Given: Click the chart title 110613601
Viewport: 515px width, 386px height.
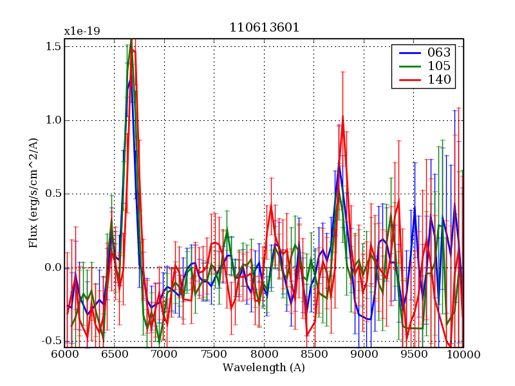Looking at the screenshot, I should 264,28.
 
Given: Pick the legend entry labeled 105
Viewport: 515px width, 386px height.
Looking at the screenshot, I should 438,66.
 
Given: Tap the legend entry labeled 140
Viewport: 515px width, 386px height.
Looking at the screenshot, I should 438,80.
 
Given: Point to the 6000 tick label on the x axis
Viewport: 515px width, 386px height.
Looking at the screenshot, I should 64,354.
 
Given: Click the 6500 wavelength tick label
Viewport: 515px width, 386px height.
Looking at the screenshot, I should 115,354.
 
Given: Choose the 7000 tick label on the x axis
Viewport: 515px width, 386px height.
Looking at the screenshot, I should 164,354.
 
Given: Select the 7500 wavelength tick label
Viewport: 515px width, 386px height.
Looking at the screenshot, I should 214,354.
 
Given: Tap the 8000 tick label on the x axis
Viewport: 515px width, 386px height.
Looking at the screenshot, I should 264,354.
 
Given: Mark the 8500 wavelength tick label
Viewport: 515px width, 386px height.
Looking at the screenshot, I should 314,354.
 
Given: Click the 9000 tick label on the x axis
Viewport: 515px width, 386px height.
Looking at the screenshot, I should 364,354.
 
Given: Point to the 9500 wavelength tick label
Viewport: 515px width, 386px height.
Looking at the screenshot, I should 414,354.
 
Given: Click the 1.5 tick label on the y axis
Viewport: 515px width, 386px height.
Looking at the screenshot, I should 53,46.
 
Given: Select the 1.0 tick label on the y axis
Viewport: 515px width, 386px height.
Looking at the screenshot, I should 53,120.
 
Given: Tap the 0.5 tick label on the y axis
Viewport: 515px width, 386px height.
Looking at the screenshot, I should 53,194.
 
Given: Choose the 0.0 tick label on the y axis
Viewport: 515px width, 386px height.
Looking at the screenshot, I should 53,268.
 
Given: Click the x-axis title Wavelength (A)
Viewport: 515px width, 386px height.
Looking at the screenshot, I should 264,368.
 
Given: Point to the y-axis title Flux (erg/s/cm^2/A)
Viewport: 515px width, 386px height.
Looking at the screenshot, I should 33,193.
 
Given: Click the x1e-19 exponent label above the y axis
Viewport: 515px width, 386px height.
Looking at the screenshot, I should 82,32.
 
